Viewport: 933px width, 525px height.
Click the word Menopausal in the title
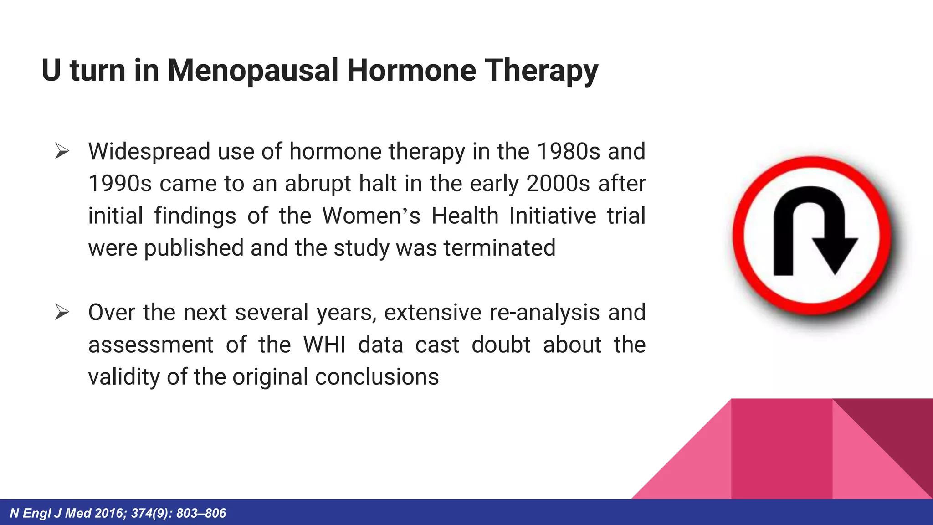tap(253, 71)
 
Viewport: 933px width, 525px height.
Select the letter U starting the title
tap(51, 71)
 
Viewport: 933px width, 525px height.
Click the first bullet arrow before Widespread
tap(62, 151)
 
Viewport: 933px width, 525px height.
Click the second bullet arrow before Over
tap(62, 313)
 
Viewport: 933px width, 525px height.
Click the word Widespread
tap(149, 151)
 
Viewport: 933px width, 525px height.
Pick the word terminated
tap(499, 248)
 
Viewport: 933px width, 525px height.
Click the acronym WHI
tap(324, 345)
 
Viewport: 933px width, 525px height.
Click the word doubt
tap(501, 345)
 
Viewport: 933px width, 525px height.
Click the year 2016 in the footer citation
tap(109, 514)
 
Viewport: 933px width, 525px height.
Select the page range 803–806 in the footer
tap(201, 514)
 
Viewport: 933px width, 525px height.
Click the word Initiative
tap(553, 216)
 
